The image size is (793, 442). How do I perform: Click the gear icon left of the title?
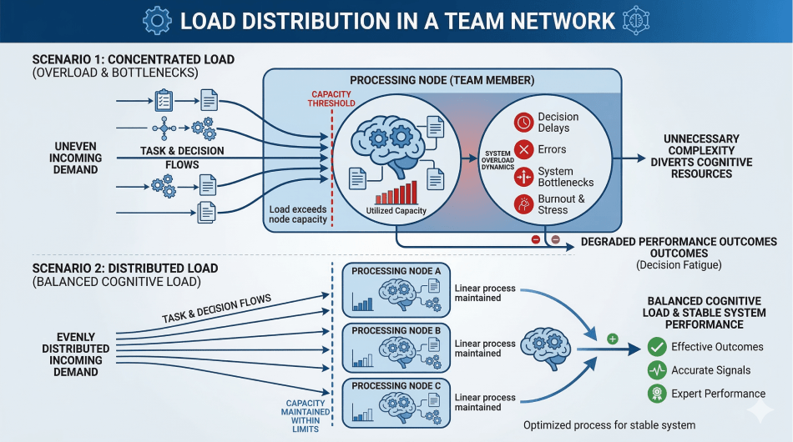158,21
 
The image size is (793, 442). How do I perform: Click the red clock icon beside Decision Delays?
523,123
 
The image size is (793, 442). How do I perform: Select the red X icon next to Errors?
523,150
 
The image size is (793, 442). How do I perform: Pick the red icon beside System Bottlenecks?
523,177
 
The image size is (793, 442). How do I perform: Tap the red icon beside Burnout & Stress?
523,204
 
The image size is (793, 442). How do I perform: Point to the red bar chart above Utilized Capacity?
396,193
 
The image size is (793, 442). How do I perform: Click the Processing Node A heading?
396,272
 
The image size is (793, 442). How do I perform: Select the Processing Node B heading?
396,331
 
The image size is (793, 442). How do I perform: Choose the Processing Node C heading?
396,386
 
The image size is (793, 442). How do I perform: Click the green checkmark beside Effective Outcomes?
657,347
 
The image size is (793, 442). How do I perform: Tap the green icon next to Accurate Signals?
657,370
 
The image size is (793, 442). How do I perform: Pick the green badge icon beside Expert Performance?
657,394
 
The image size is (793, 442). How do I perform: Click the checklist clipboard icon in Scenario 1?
164,102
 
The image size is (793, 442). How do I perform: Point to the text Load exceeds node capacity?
298,213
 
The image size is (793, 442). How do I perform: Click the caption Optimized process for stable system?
609,425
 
